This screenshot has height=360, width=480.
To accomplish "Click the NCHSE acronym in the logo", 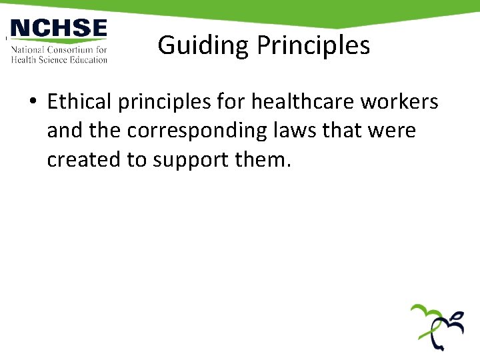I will tap(59, 29).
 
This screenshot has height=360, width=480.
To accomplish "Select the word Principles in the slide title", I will tap(313, 45).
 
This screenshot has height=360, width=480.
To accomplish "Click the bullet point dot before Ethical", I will tap(33, 103).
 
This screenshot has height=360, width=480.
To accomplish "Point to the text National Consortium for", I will tap(59, 49).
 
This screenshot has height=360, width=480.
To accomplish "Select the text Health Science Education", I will tap(59, 59).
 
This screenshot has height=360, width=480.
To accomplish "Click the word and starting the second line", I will tap(64, 131).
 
